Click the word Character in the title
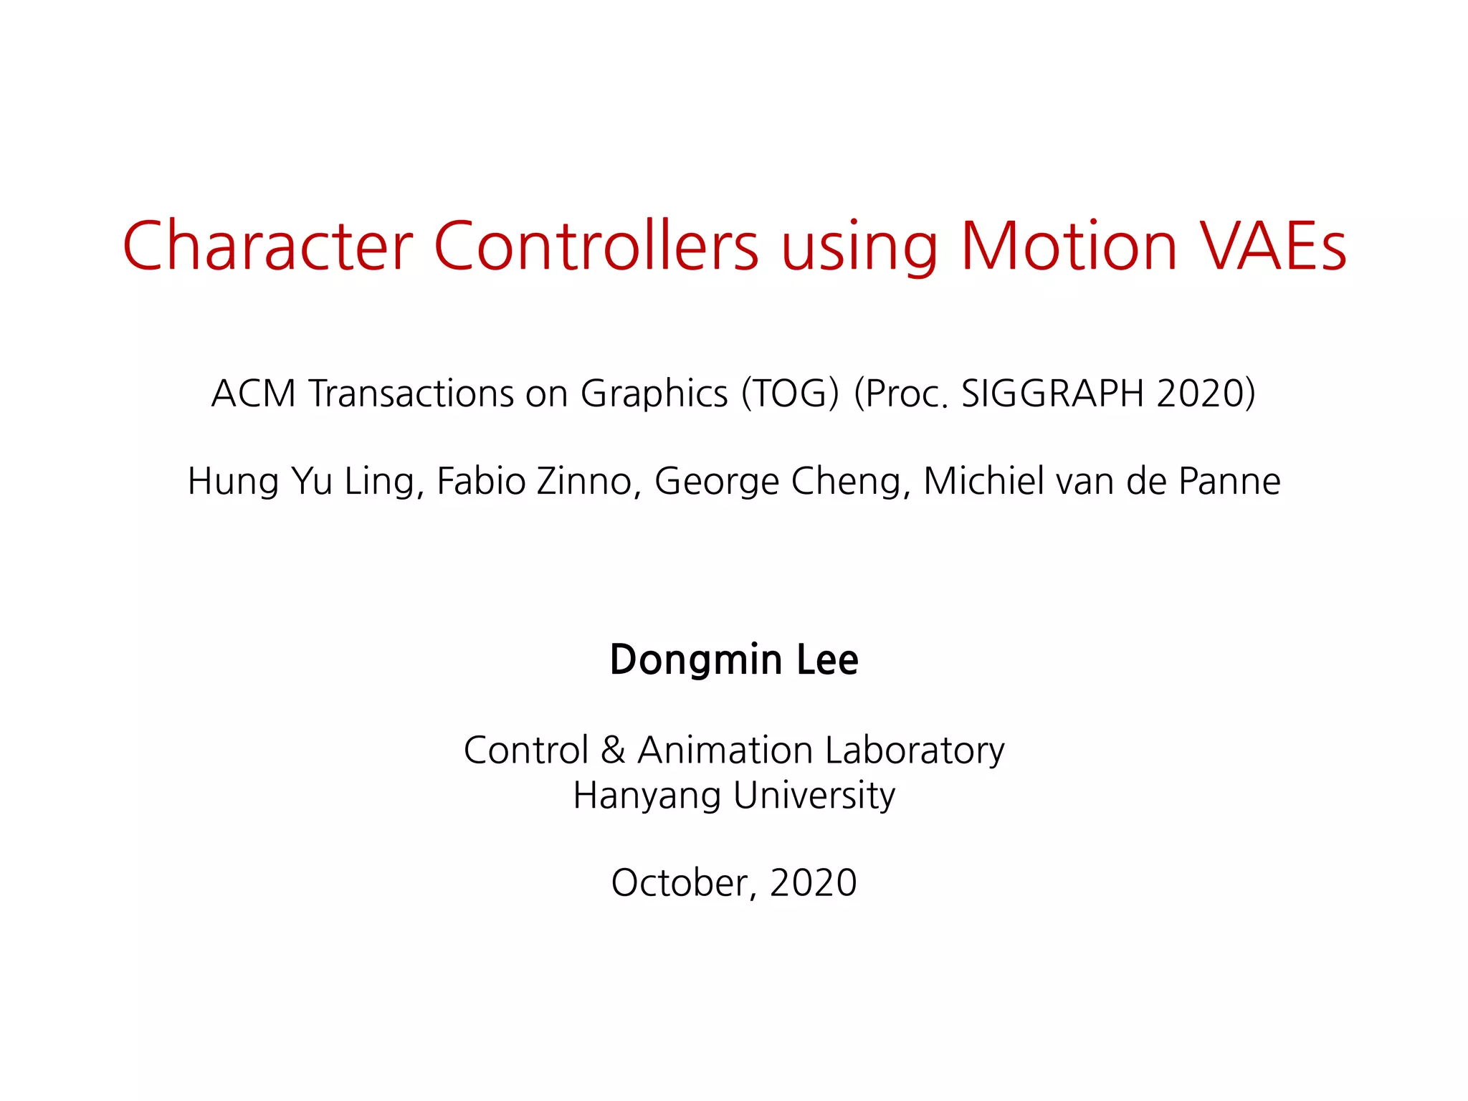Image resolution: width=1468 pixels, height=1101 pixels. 267,246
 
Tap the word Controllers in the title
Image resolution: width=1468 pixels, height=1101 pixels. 596,246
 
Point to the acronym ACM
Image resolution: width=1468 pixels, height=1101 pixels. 254,394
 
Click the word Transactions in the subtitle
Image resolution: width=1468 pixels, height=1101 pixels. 411,394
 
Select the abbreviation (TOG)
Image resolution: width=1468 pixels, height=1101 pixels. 790,394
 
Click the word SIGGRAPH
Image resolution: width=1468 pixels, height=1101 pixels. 1052,394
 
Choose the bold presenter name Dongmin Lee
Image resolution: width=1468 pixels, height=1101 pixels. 734,659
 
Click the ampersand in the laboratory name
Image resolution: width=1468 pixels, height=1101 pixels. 613,750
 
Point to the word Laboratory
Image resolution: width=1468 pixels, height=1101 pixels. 915,751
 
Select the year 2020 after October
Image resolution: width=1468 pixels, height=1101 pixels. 814,882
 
